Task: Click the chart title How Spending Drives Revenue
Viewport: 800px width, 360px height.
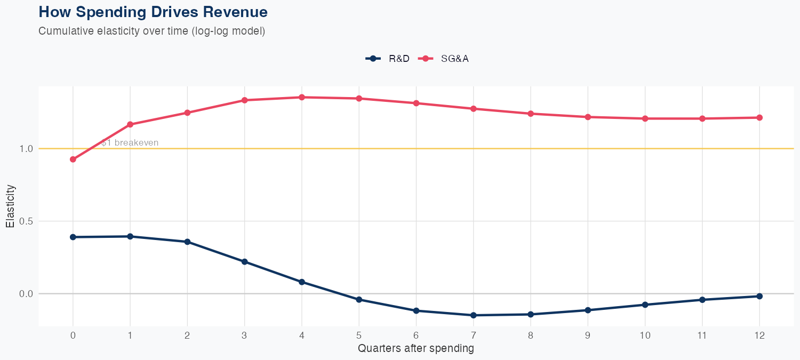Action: pos(153,12)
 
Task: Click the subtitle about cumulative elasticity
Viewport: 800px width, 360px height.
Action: pos(151,31)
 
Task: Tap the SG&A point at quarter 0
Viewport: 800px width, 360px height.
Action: pos(73,159)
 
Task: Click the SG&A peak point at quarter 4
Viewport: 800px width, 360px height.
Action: pos(302,97)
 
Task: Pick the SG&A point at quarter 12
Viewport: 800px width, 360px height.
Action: pos(759,117)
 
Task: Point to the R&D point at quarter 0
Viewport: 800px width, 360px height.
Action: pos(73,237)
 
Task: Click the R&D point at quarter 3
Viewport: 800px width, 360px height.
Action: pos(245,261)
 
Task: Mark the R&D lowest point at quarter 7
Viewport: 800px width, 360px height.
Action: pos(474,315)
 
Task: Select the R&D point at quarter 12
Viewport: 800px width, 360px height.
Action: pos(759,296)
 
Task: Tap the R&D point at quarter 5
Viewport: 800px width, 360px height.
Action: pos(359,300)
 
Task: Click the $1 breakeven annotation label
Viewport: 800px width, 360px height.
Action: pos(130,143)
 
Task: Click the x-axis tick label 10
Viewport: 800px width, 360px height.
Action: pos(645,335)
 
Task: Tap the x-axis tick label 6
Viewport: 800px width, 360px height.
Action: pos(416,335)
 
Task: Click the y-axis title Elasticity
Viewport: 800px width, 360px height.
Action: pos(10,206)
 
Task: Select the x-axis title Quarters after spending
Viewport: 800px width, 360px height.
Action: pos(416,349)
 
